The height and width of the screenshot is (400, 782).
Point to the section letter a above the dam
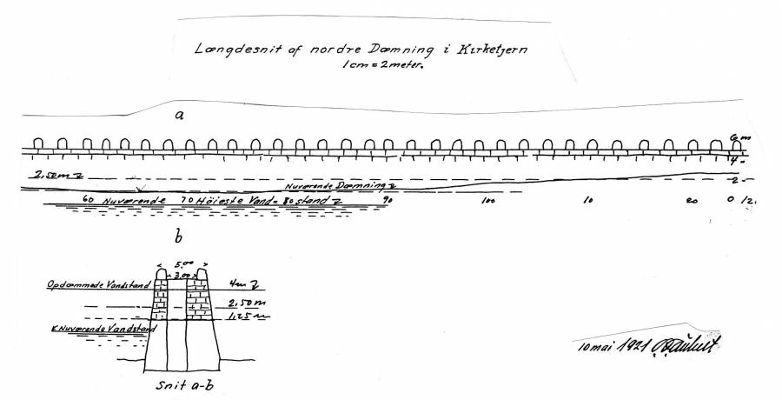179,114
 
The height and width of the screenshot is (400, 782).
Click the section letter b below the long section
179,235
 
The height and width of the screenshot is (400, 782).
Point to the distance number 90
388,201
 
